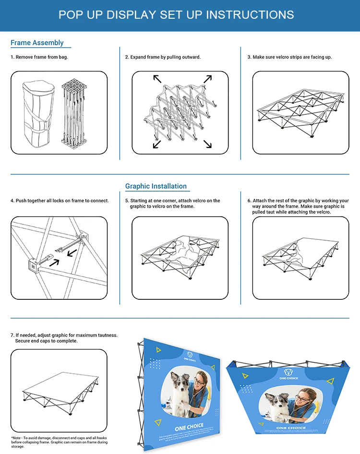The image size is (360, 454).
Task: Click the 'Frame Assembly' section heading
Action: point(37,43)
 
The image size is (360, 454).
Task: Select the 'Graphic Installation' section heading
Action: point(156,186)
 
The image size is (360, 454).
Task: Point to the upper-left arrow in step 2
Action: point(157,79)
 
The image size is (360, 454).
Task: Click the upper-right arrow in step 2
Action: point(207,79)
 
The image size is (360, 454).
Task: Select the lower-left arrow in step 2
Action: point(157,144)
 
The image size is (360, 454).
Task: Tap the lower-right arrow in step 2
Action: point(207,144)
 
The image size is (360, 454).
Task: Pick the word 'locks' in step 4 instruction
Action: point(53,201)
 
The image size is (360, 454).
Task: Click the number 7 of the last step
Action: point(12,335)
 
